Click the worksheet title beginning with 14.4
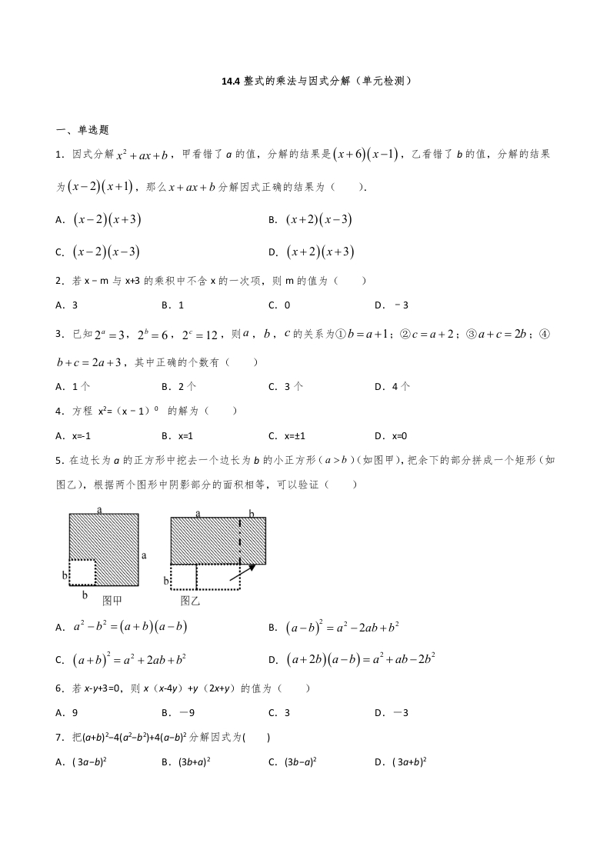(x=305, y=79)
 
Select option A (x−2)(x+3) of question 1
(x=107, y=220)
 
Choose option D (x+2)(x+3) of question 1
(x=319, y=252)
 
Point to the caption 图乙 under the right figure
(x=191, y=600)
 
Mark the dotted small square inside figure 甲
(x=82, y=571)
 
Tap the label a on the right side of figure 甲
(x=144, y=554)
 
